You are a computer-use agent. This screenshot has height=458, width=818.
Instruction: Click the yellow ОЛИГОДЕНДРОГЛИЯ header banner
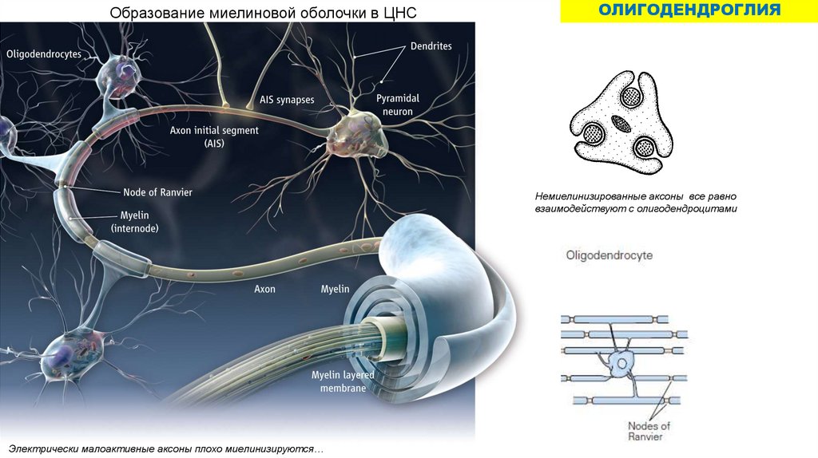(x=689, y=11)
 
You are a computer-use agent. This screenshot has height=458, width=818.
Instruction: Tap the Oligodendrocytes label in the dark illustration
(x=44, y=54)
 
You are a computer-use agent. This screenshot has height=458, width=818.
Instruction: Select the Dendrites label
(x=431, y=46)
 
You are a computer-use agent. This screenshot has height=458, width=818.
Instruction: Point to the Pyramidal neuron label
(x=397, y=105)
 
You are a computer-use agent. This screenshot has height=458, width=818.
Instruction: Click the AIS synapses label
(x=287, y=100)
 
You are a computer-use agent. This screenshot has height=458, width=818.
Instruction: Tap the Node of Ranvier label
(x=157, y=192)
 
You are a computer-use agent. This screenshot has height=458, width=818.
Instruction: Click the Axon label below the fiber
(x=264, y=289)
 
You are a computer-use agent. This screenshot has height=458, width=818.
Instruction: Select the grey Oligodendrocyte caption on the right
(x=609, y=256)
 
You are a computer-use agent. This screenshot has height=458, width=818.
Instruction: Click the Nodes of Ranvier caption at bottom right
(x=649, y=431)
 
